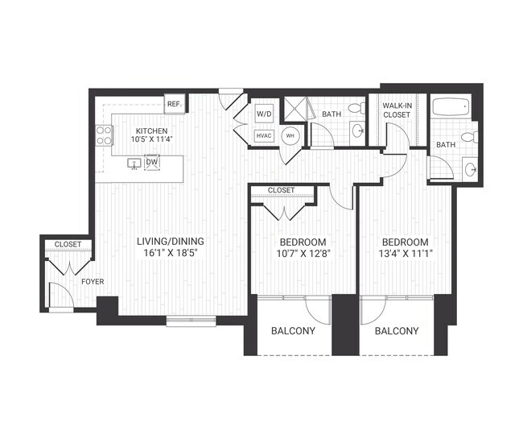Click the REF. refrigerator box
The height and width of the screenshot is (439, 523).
(173, 104)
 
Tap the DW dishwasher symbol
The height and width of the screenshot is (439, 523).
(152, 163)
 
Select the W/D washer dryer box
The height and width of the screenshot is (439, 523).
(265, 115)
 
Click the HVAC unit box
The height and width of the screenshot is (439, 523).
(265, 136)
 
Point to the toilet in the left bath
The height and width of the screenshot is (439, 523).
(354, 110)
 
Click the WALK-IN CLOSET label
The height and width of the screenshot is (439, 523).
(396, 110)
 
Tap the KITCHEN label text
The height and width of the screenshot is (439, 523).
(151, 130)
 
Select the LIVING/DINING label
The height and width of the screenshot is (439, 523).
(169, 241)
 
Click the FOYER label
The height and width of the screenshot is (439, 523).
(91, 282)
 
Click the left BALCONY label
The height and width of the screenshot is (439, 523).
(293, 331)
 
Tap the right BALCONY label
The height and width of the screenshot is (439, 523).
(397, 331)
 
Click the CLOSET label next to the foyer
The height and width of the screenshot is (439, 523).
(68, 244)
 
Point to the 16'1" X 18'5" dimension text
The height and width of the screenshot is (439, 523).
(169, 253)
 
